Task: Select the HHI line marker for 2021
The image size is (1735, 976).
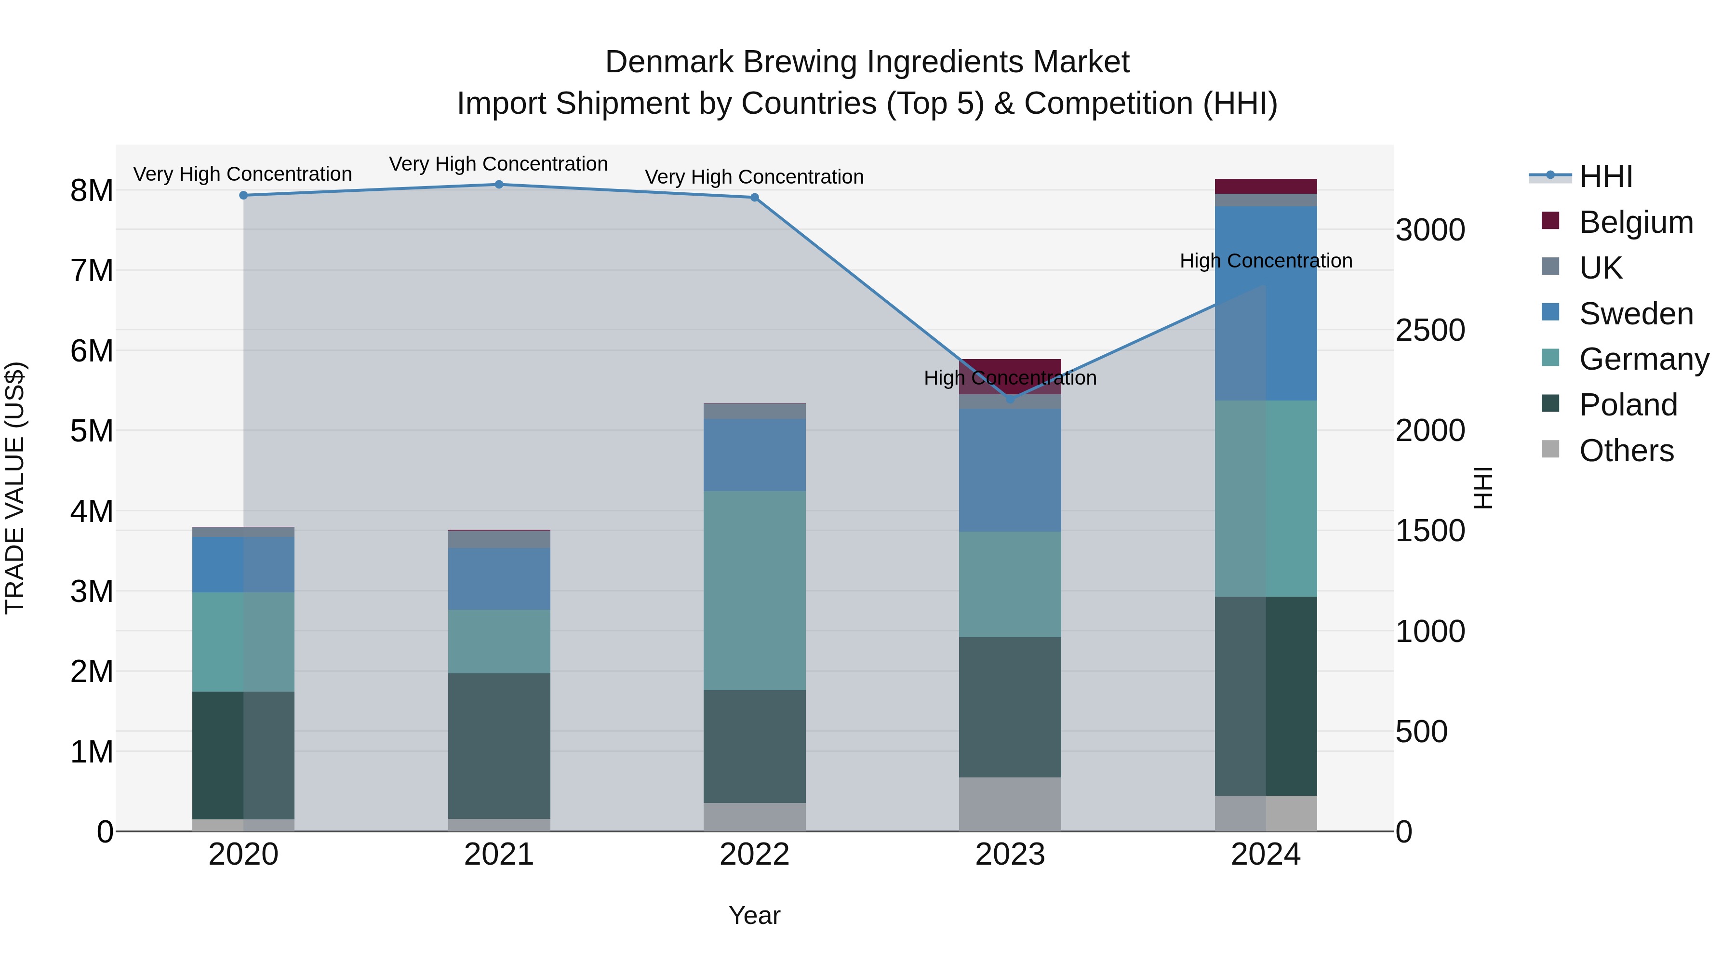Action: pos(499,185)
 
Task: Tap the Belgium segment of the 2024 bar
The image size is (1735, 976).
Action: pos(1266,187)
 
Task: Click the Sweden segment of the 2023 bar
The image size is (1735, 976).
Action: pos(1010,470)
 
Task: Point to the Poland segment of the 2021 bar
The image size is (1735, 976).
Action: pos(499,746)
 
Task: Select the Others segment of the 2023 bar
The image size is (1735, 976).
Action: pos(1010,804)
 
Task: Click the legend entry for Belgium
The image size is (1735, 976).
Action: pos(1635,222)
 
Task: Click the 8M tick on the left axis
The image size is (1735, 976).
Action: pos(92,190)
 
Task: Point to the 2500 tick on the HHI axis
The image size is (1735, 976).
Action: pos(1429,330)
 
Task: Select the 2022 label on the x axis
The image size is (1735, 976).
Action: pos(754,855)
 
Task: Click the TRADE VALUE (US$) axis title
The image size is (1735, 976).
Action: pos(15,488)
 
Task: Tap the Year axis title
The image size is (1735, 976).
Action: pos(754,915)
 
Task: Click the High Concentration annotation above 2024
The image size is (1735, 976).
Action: pos(1266,261)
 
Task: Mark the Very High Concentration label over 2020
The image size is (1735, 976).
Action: pos(242,174)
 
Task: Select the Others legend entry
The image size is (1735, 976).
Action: pos(1626,451)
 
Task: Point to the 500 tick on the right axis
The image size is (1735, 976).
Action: pos(1421,732)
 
